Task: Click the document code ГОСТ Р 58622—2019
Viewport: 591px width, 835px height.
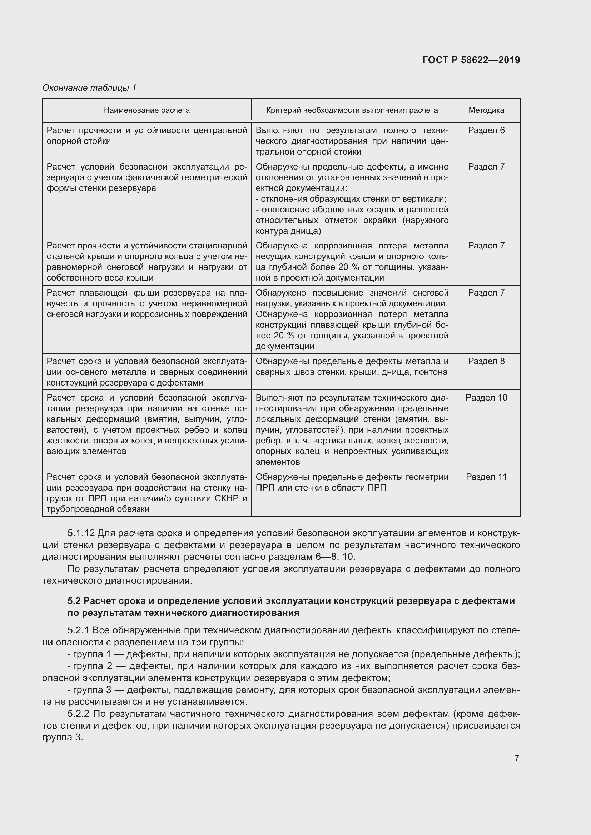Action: point(471,60)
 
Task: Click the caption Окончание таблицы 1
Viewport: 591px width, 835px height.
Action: point(89,88)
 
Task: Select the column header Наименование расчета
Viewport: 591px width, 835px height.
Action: point(146,110)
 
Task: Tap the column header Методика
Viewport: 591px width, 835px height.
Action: point(486,110)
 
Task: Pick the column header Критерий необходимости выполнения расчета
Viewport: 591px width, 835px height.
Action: point(352,110)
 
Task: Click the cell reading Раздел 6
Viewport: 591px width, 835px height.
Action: point(486,130)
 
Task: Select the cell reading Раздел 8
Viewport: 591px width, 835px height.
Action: point(486,361)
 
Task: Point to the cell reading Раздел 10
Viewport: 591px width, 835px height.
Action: point(486,397)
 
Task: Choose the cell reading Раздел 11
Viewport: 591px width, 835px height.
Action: point(486,477)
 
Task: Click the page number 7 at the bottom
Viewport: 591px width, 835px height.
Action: point(517,758)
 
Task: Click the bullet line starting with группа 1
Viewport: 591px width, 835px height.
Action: point(293,654)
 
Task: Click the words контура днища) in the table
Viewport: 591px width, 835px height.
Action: point(288,231)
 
